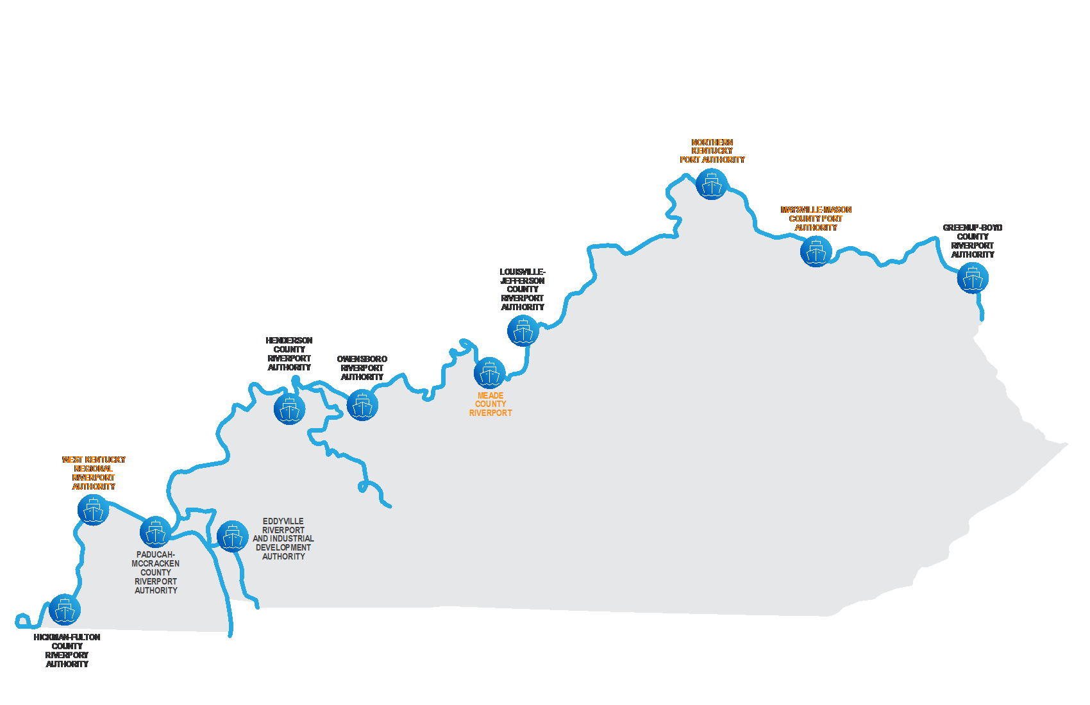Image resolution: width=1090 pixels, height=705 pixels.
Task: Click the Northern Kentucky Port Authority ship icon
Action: coord(712,185)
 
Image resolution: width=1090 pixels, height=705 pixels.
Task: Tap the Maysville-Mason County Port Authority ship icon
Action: coord(816,252)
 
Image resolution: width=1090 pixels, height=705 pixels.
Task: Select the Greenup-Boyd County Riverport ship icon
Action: coord(973,278)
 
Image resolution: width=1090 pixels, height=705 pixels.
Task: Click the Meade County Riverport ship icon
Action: coord(490,373)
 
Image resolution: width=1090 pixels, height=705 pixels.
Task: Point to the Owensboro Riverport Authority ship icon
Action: coord(362,405)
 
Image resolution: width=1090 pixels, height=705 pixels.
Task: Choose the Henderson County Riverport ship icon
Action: coord(289,408)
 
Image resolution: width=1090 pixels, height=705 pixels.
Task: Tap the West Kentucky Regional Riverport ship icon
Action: coord(94,510)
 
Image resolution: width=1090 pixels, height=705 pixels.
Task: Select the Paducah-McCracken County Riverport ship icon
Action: coord(155,532)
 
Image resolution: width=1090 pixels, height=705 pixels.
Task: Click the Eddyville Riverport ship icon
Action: coord(232,536)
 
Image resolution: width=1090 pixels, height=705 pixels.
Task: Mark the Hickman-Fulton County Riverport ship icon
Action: coord(65,610)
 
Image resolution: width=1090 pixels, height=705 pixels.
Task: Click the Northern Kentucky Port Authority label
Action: coord(712,151)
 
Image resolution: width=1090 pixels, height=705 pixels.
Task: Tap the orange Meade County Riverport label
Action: coord(491,404)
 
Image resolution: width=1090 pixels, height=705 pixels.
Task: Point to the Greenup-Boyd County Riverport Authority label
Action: coord(973,241)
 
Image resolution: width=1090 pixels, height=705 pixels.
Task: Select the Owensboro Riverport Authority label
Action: coord(362,368)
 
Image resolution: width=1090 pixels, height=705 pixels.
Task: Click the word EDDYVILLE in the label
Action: coord(283,521)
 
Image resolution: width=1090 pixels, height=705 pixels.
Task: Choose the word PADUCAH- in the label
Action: coord(156,554)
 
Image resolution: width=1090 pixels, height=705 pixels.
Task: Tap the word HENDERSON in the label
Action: coord(289,340)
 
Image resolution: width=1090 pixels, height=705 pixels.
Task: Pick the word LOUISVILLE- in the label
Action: coord(523,272)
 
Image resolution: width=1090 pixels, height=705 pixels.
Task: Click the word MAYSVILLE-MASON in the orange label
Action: coord(816,210)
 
